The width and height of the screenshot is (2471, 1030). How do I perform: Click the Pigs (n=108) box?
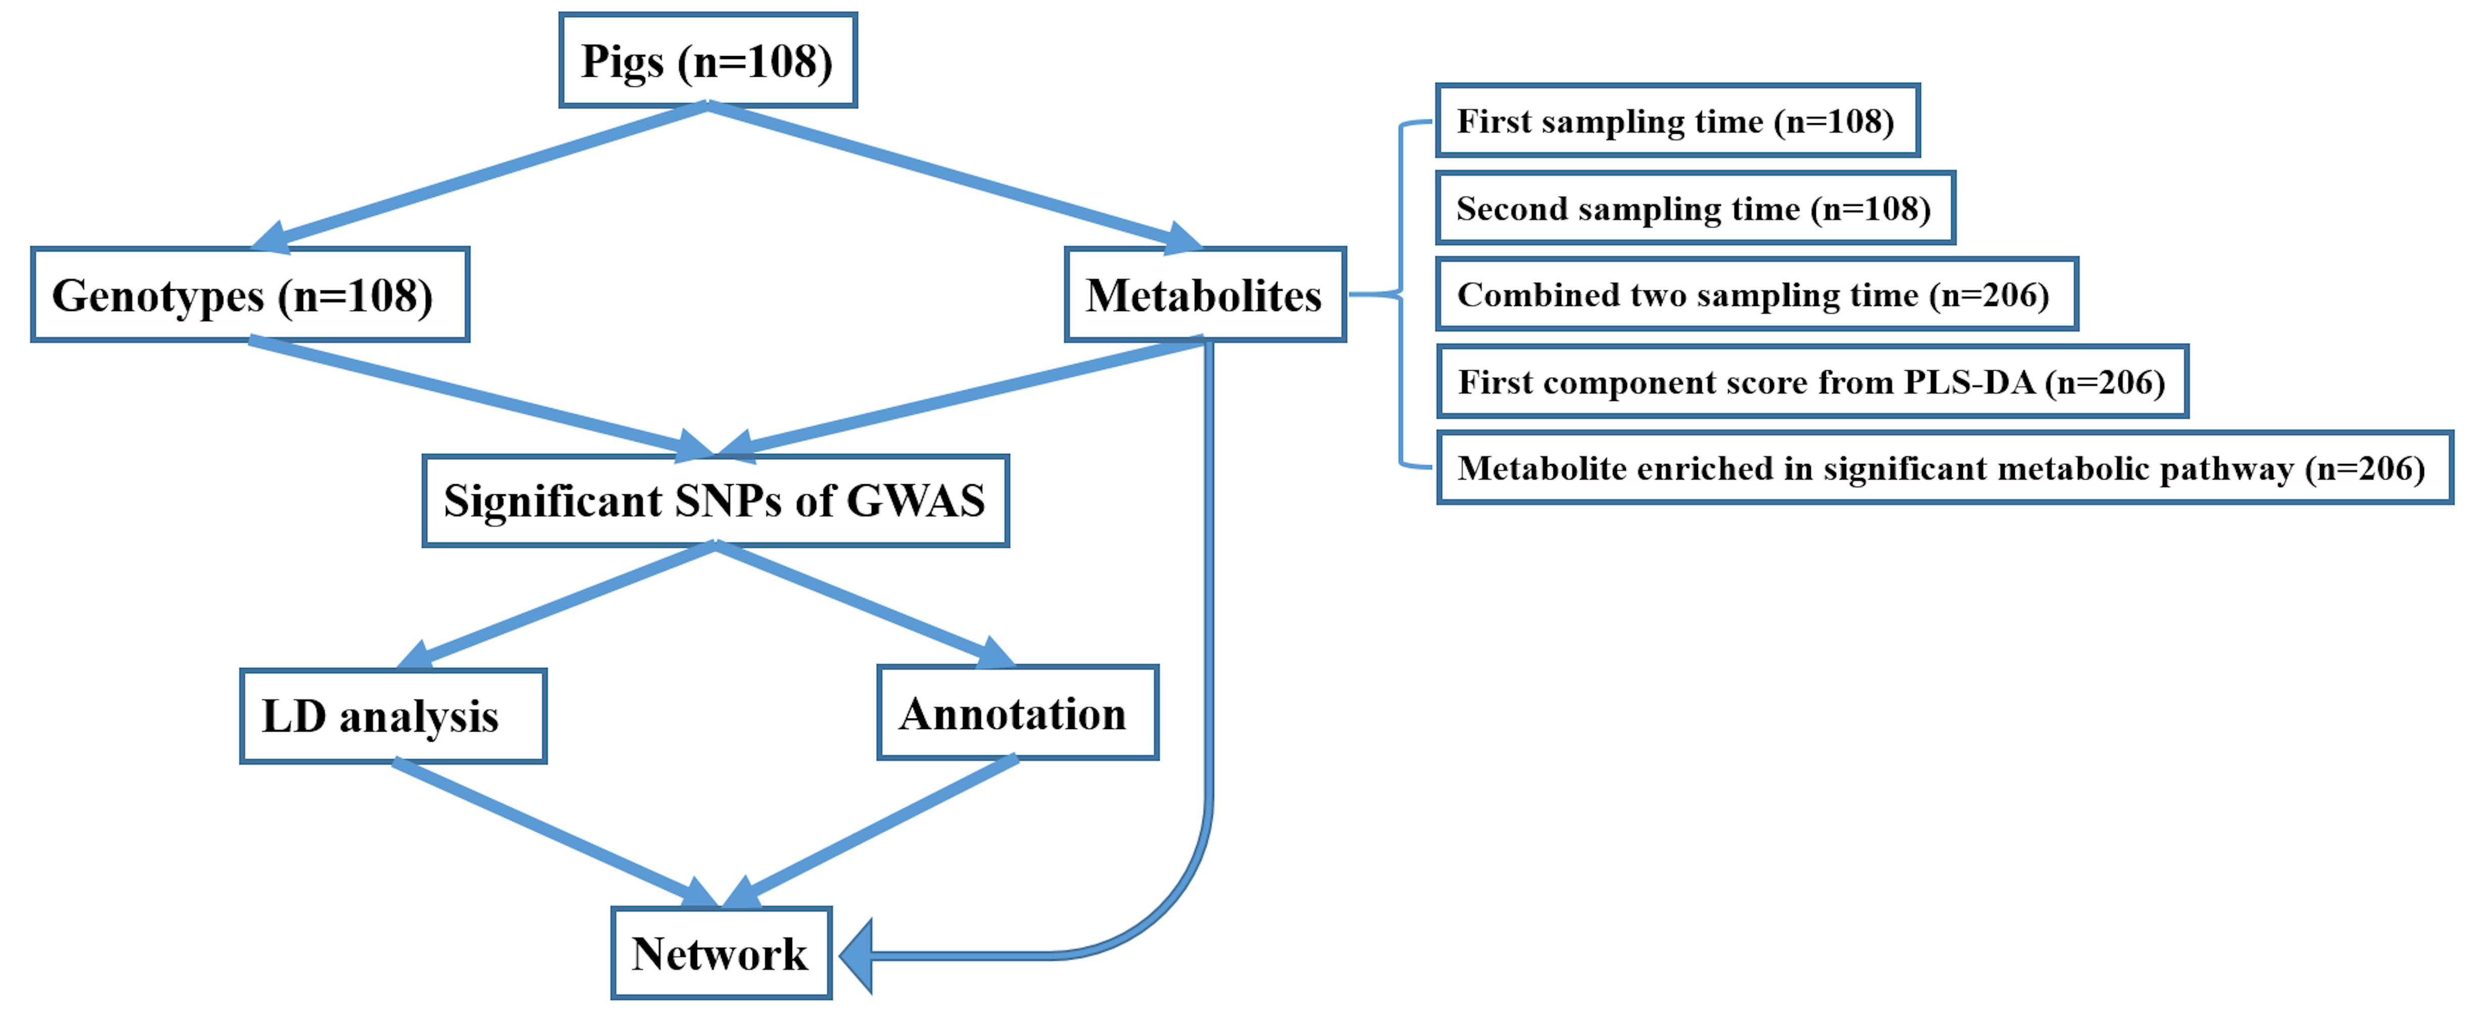pyautogui.click(x=707, y=61)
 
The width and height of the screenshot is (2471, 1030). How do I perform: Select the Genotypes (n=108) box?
pyautogui.click(x=250, y=294)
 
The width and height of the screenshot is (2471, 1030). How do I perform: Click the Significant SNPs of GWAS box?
pyautogui.click(x=715, y=501)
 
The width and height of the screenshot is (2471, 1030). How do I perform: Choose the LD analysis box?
pyautogui.click(x=392, y=715)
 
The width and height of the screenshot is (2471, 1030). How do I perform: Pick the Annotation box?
pyautogui.click(x=1017, y=712)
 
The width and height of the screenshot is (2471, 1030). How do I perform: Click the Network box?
pyautogui.click(x=720, y=953)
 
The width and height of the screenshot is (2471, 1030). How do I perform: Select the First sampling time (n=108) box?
pyautogui.click(x=1677, y=121)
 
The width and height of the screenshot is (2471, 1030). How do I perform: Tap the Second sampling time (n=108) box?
pyautogui.click(x=1694, y=208)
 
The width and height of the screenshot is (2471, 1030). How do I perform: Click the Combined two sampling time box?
pyautogui.click(x=1755, y=294)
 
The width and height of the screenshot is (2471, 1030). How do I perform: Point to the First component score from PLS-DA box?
pyautogui.click(x=1811, y=382)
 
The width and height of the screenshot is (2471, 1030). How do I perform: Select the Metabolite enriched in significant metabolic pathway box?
pyautogui.click(x=1944, y=468)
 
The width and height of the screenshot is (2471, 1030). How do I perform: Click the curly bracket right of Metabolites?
pyautogui.click(x=1401, y=294)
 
